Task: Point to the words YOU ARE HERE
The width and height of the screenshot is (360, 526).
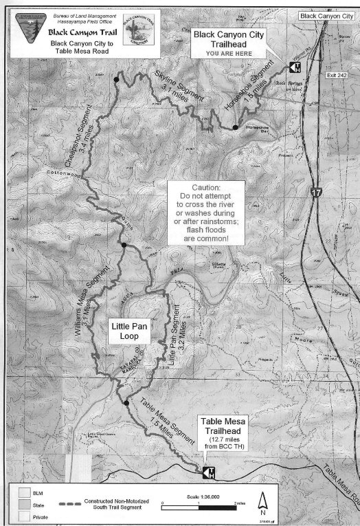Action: click(228, 51)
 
